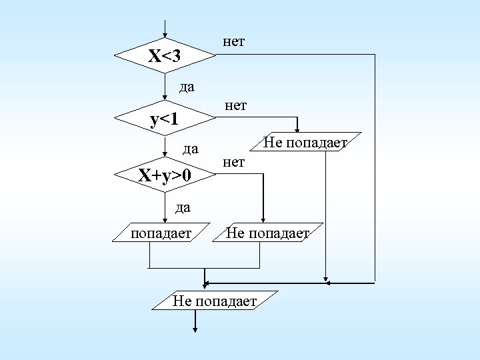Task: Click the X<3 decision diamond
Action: (165, 55)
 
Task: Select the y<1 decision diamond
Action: (165, 119)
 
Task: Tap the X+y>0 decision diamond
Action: (165, 176)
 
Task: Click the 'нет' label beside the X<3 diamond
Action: (233, 42)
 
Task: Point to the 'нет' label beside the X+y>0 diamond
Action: (234, 162)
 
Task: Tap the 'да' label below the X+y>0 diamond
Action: (183, 207)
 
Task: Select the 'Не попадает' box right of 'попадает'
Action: (267, 233)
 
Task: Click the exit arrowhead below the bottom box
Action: (195, 328)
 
